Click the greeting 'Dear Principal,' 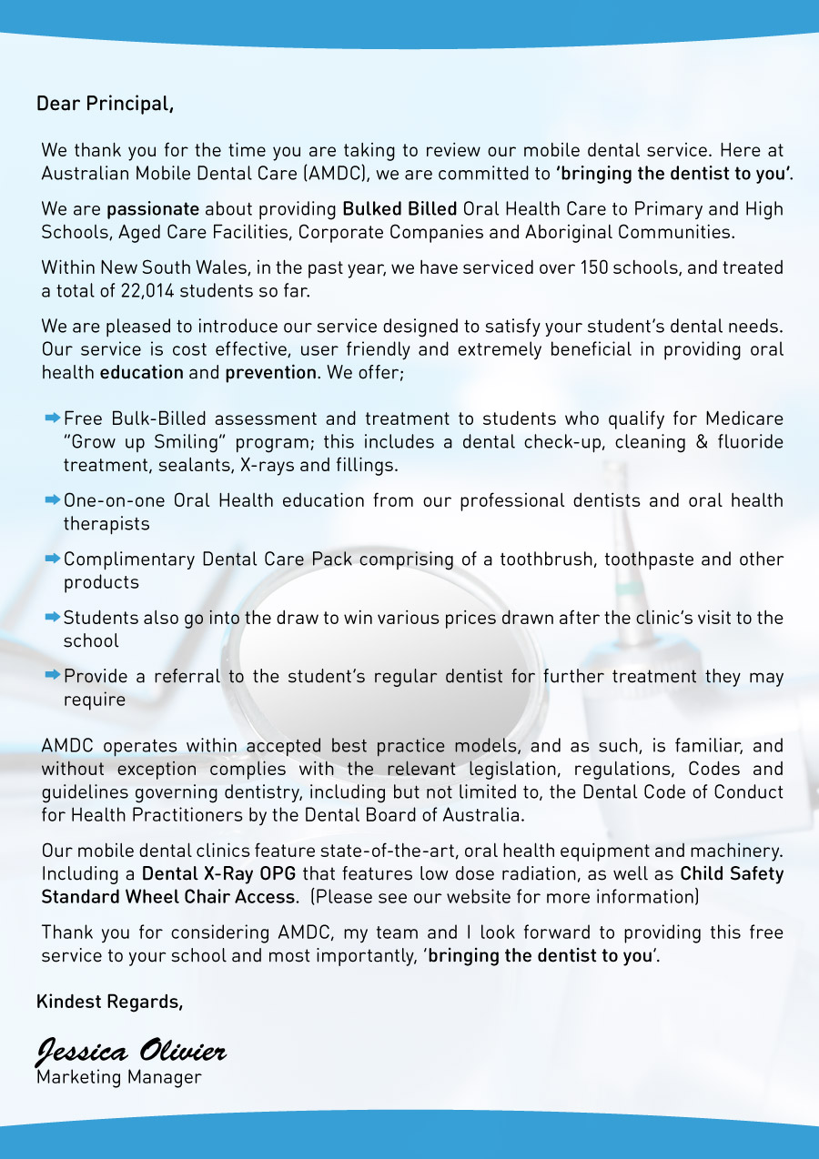click(105, 104)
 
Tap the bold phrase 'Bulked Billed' click(399, 209)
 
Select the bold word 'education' click(142, 373)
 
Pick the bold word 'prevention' click(270, 373)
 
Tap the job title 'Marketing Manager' click(119, 1078)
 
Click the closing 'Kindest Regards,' click(109, 1003)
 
